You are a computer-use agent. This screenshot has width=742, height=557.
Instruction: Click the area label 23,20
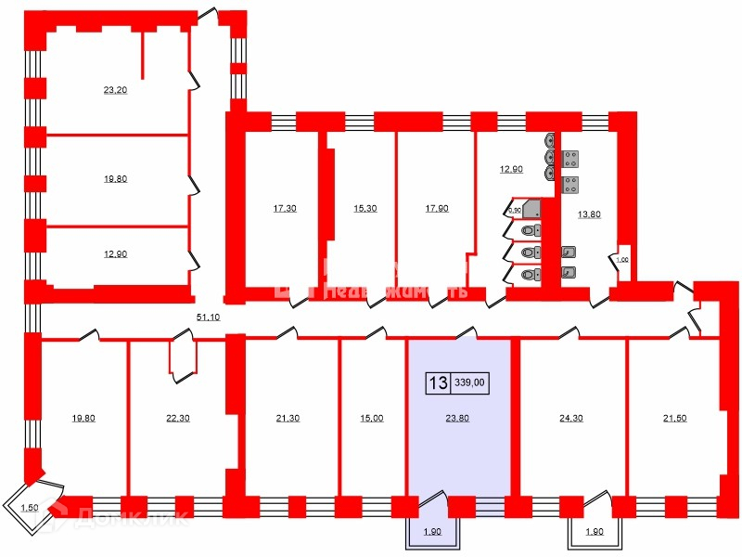pos(115,91)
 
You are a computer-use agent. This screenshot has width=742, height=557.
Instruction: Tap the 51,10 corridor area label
pos(209,317)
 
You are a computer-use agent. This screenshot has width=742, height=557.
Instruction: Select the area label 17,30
pos(285,208)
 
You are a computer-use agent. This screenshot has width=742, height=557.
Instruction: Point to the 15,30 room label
pos(365,208)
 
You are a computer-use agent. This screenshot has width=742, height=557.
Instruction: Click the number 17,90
pos(437,208)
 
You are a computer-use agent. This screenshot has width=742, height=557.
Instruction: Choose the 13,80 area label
pos(589,214)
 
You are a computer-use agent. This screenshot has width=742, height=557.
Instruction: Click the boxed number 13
pos(438,382)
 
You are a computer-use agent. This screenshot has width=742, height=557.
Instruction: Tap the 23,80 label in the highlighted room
pos(457,418)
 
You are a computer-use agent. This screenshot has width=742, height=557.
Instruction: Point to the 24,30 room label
pos(571,418)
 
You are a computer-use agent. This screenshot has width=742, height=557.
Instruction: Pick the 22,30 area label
pos(177,419)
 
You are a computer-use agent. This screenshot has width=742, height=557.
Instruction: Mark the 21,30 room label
pos(288,419)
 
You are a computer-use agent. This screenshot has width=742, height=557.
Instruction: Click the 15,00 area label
pos(371,419)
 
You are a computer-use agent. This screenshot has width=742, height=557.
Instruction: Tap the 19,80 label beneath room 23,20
pos(115,180)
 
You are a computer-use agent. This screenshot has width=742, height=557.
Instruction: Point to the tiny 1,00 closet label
pos(622,261)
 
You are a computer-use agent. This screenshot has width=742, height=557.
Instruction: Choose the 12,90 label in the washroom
pos(512,169)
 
